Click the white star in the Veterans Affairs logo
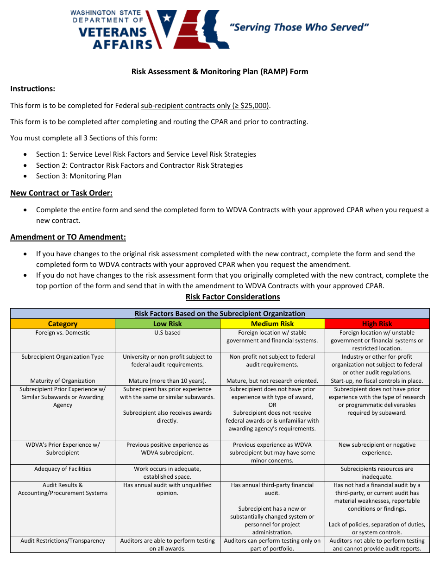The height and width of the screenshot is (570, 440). [166, 19]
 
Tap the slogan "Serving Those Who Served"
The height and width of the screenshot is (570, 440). [299, 27]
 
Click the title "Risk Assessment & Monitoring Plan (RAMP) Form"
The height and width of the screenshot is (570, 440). [220, 71]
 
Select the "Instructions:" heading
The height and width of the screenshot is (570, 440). [33, 89]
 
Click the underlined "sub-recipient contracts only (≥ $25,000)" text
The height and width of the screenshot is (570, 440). [205, 105]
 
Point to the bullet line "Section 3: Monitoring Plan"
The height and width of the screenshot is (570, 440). [79, 176]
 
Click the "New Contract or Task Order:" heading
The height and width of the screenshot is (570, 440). [62, 193]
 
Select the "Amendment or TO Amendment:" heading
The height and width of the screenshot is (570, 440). [68, 237]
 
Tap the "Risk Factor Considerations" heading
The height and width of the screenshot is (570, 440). [233, 297]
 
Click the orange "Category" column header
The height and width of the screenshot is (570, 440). [63, 324]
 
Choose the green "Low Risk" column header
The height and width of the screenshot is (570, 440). [167, 324]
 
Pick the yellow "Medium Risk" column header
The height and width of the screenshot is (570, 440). [272, 324]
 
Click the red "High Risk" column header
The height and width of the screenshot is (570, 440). [377, 324]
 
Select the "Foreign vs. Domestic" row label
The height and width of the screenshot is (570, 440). [63, 333]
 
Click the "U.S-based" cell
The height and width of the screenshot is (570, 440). [167, 333]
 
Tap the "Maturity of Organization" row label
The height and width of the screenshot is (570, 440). [63, 381]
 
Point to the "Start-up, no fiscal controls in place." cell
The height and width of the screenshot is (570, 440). [377, 381]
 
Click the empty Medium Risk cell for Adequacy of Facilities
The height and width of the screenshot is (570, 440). [272, 473]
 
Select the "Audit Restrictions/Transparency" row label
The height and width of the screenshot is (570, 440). [63, 541]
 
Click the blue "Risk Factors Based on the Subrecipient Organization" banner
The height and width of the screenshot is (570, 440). [220, 314]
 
